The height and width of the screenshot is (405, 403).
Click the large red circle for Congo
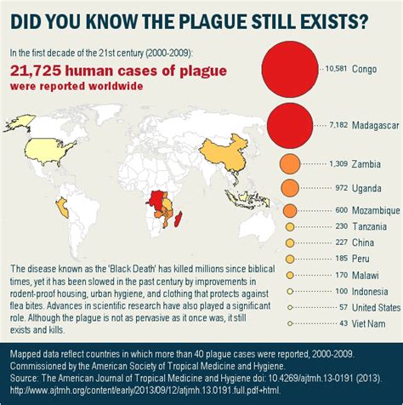pyautogui.click(x=289, y=69)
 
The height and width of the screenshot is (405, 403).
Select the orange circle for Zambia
pyautogui.click(x=289, y=164)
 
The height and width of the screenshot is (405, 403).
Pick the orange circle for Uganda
pyautogui.click(x=289, y=187)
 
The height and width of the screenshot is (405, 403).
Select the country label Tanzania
pyautogui.click(x=372, y=225)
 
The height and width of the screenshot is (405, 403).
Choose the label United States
pyautogui.click(x=376, y=306)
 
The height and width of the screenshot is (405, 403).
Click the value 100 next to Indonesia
pyautogui.click(x=343, y=290)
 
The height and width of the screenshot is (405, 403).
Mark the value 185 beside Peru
pyautogui.click(x=343, y=258)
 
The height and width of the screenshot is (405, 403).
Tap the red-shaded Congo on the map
pyautogui.click(x=155, y=202)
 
